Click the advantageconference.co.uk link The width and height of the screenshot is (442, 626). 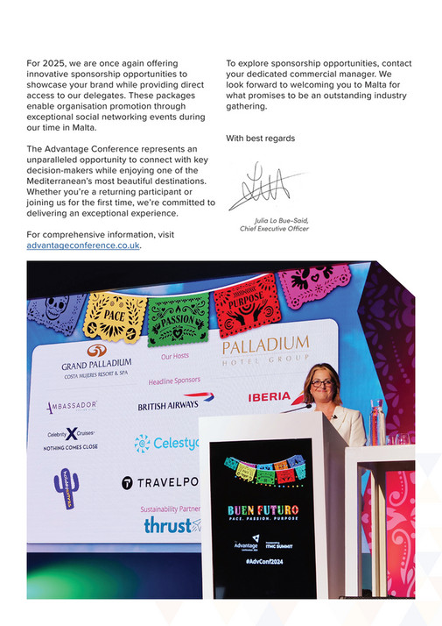(x=84, y=245)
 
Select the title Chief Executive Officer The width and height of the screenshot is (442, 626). (x=274, y=229)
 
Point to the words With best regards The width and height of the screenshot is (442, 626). (x=260, y=139)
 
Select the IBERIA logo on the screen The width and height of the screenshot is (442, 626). (x=269, y=397)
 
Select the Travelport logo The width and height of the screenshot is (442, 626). (x=158, y=482)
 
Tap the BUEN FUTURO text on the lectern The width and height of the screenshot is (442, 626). (x=263, y=510)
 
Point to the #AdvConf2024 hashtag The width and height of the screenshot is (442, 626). (x=261, y=559)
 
